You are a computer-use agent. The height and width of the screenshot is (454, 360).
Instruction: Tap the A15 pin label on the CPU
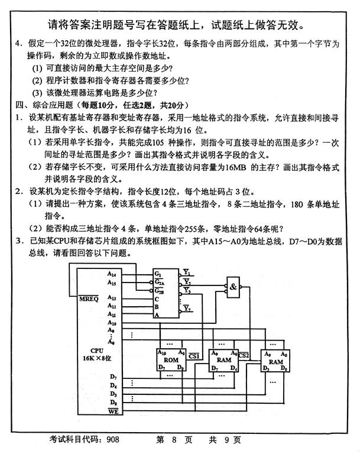click(112, 283)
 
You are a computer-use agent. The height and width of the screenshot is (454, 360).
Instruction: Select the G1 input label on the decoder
click(158, 274)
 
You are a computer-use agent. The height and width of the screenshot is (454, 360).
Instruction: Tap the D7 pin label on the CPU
click(112, 377)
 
